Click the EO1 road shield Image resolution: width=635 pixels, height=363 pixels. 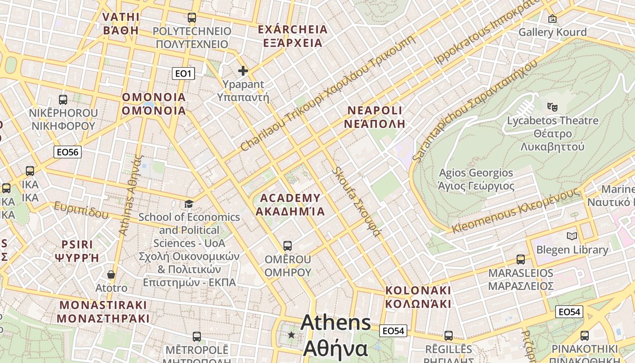point(183,73)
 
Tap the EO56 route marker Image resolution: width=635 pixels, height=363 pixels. point(67,152)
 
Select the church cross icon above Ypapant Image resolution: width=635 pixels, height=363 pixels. point(243,71)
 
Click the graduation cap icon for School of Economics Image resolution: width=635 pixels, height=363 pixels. point(189,204)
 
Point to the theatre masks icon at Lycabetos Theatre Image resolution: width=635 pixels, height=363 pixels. point(552,107)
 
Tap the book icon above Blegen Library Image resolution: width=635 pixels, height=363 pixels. point(571,236)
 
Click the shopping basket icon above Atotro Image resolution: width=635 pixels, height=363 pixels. point(111,275)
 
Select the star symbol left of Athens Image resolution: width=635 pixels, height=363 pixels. point(291,335)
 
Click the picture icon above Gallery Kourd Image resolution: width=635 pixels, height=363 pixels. point(552,19)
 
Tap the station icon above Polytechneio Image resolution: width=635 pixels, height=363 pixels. point(192,18)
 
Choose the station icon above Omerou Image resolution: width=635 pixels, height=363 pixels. point(288,246)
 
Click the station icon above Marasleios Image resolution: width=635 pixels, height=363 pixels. point(521,260)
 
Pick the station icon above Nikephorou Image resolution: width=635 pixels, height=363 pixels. point(63,99)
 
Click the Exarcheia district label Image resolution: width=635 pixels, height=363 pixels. point(293,36)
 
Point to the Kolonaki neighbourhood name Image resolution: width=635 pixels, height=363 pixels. point(418,297)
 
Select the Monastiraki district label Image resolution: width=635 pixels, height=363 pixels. point(103,311)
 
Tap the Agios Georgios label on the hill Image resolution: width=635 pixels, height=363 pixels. point(476,179)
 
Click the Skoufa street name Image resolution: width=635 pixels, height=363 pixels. point(356,202)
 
